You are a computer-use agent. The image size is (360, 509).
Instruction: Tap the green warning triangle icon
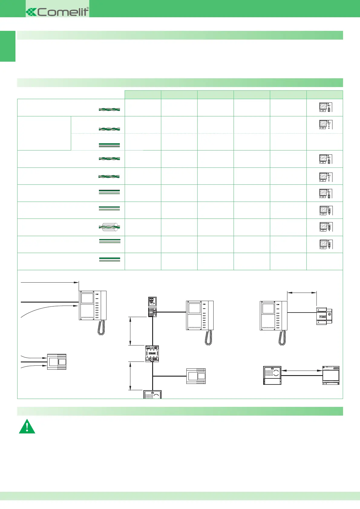point(27,427)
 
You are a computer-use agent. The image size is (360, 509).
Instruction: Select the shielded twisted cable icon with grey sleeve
point(110,227)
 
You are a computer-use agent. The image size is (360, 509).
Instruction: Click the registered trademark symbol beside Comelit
point(88,8)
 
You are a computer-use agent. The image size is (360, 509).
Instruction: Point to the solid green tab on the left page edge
point(8,46)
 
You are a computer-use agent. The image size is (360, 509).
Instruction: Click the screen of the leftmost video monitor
point(87,298)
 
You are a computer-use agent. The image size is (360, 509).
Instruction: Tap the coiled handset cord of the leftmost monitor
point(101,328)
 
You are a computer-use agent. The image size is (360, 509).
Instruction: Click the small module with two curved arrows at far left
point(57,362)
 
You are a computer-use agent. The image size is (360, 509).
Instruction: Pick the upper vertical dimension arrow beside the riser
point(130,331)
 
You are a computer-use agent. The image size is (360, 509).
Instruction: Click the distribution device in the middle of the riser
point(152,353)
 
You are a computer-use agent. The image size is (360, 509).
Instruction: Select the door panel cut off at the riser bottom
point(152,394)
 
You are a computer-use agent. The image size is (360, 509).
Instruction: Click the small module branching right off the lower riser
point(196,376)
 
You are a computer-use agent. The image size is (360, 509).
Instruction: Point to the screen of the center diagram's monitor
point(195,308)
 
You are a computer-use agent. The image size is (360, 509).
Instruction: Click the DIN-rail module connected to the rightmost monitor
point(324,316)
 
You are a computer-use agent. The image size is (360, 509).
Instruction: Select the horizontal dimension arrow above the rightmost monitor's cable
point(302,292)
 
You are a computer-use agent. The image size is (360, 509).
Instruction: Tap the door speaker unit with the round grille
point(272,375)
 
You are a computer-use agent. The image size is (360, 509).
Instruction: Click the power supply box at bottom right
point(331,375)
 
